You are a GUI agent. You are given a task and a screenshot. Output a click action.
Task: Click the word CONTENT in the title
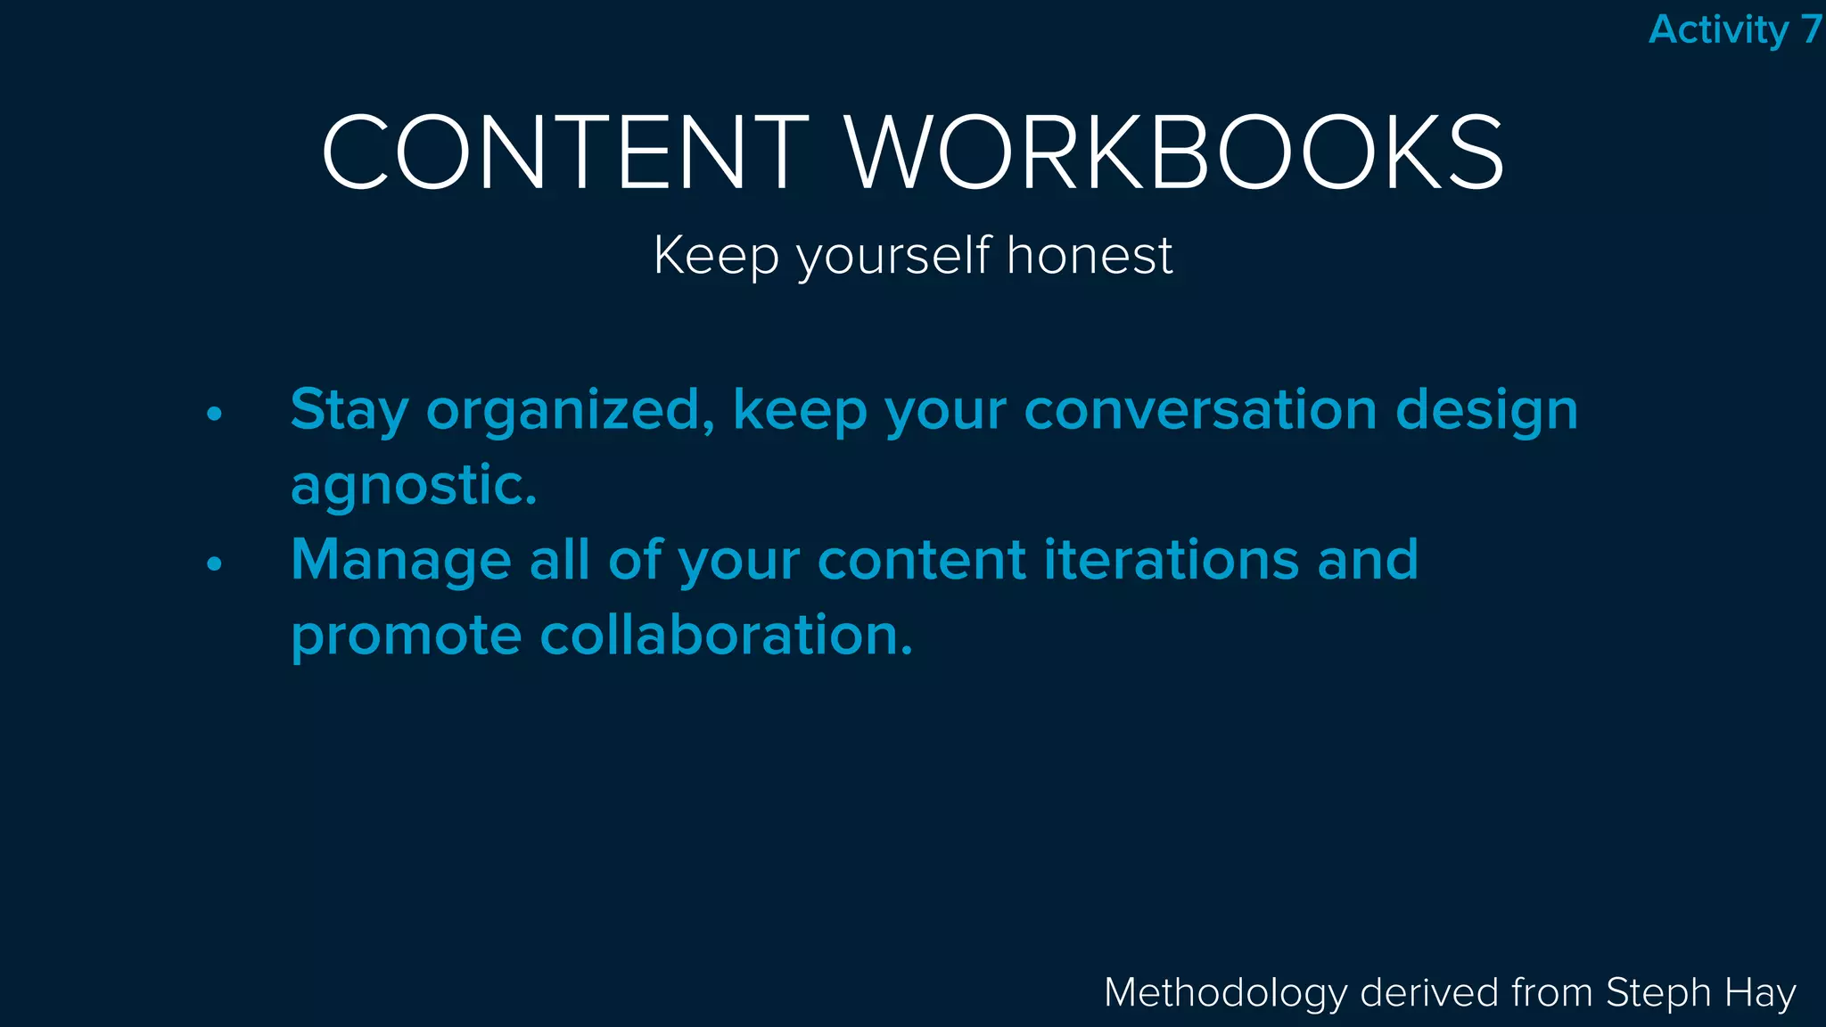click(x=565, y=152)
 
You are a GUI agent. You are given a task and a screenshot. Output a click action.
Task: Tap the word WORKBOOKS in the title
click(x=1174, y=152)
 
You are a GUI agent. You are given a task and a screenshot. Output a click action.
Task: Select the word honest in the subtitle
click(x=1090, y=256)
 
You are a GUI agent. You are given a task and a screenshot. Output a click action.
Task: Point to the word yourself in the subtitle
click(x=893, y=258)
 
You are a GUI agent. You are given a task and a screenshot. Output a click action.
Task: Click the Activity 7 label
click(x=1734, y=29)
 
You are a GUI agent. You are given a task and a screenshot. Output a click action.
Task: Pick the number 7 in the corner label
click(x=1810, y=29)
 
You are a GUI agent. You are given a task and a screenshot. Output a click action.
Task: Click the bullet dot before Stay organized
click(x=214, y=414)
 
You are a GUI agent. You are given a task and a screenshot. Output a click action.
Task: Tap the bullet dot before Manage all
click(x=214, y=563)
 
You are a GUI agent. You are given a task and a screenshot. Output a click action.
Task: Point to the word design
click(x=1486, y=411)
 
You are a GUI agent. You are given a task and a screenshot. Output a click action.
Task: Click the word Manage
click(x=401, y=561)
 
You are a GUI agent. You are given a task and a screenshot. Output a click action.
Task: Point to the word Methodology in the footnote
click(x=1226, y=993)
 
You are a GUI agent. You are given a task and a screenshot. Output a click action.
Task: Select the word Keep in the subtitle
click(x=717, y=257)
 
